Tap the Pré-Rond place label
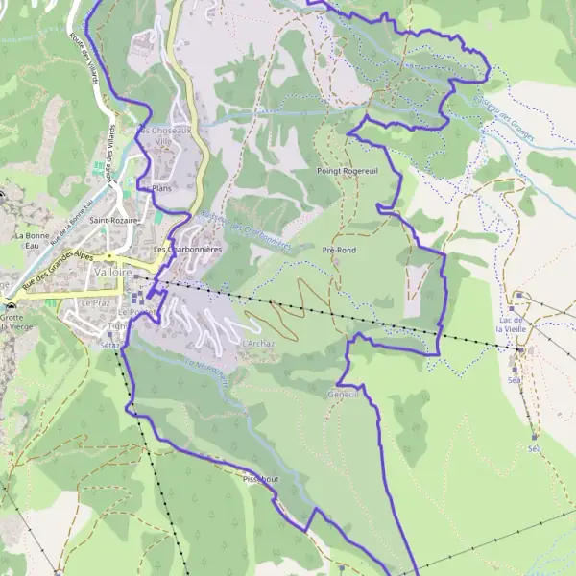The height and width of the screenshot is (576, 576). coord(340,250)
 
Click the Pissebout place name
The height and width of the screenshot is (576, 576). coord(260,477)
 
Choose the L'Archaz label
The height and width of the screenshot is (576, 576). coord(259,343)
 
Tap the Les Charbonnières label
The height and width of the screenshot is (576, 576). coord(190,250)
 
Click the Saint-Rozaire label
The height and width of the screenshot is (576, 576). coord(114,220)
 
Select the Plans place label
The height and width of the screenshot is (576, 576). coord(160,188)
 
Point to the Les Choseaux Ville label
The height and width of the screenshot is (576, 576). coord(167,135)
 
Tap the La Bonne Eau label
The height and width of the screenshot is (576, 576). coord(32,240)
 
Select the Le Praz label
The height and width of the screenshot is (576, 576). coord(95,302)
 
